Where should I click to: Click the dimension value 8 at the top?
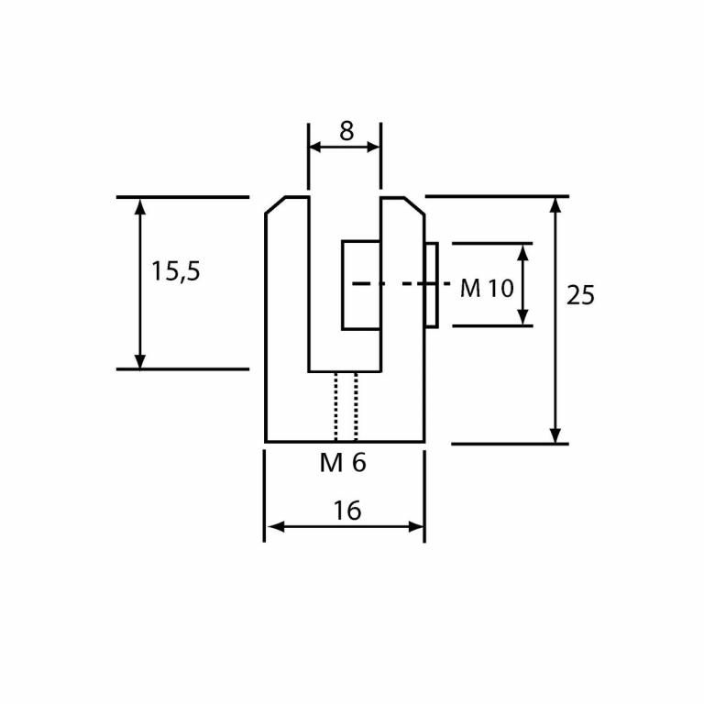(346, 132)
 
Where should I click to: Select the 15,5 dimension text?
(175, 271)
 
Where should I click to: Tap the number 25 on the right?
(580, 295)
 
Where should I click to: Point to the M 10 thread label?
(486, 289)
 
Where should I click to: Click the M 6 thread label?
(343, 463)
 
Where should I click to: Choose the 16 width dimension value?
(346, 511)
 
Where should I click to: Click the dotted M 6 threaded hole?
(346, 406)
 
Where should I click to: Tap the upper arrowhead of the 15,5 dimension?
(140, 206)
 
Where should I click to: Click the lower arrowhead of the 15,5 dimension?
(140, 360)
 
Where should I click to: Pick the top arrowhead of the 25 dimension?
(555, 205)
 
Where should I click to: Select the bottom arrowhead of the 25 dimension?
(555, 434)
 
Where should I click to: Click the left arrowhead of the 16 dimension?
(274, 527)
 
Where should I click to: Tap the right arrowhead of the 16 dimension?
(416, 527)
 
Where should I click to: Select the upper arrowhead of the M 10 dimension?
(523, 253)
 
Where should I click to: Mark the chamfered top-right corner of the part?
(413, 205)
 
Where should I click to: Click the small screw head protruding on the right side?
(431, 284)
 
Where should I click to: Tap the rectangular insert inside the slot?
(361, 285)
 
